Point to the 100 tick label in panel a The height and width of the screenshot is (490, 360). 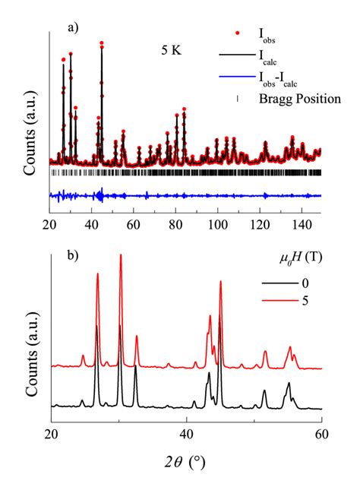click(x=218, y=225)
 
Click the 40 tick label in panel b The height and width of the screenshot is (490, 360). click(x=186, y=434)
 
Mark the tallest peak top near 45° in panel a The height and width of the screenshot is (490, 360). click(x=102, y=43)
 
